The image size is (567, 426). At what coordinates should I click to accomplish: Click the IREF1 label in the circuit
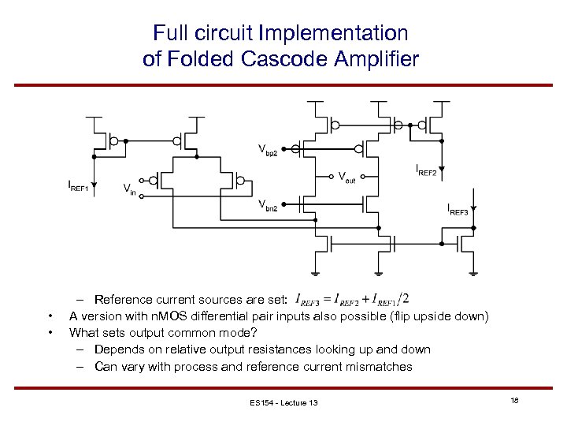pyautogui.click(x=80, y=187)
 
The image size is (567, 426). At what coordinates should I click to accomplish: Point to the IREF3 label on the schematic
pyautogui.click(x=458, y=209)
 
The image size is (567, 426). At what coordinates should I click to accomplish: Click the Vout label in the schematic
pyautogui.click(x=346, y=178)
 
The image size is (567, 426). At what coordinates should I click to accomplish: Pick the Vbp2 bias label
pyautogui.click(x=268, y=148)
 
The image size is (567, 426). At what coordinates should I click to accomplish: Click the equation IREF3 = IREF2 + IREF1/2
pyautogui.click(x=351, y=299)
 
